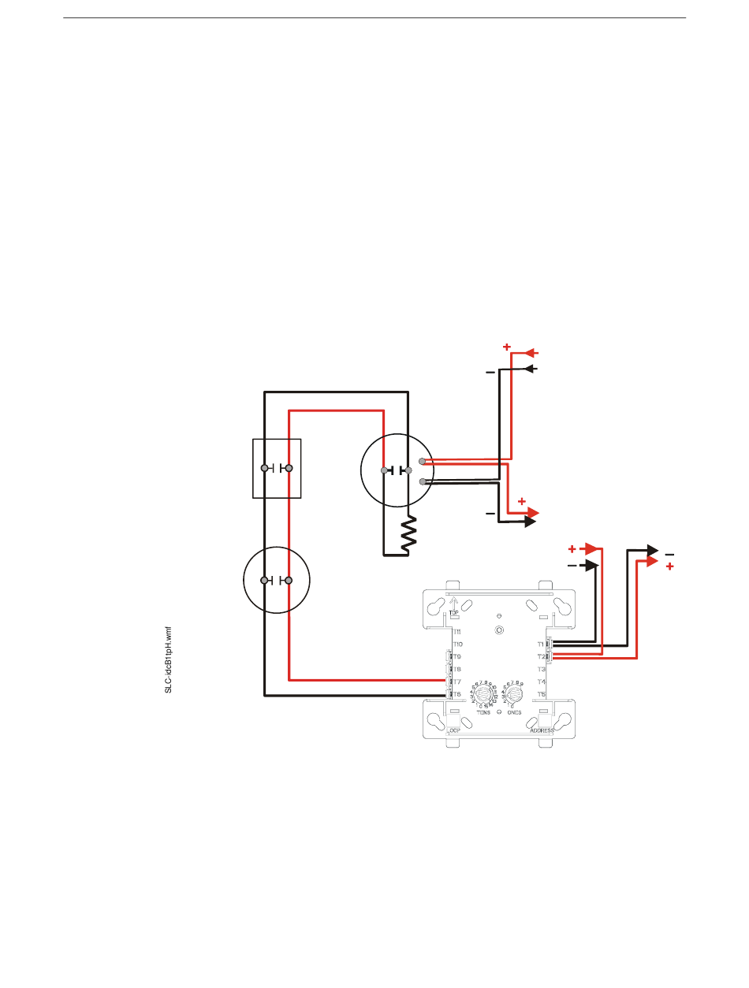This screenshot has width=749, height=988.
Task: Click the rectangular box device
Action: (276, 468)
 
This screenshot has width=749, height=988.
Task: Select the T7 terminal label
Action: (456, 682)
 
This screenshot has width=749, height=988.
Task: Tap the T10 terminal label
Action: (458, 644)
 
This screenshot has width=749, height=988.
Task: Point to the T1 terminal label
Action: (541, 644)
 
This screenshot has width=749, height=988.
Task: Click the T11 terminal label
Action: (457, 632)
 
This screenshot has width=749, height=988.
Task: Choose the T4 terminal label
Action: (541, 682)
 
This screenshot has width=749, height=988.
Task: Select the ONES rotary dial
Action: (514, 695)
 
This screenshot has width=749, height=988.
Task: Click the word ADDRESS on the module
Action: (543, 731)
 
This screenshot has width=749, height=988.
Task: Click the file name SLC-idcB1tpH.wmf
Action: (168, 659)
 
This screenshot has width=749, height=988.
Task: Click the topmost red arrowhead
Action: (532, 352)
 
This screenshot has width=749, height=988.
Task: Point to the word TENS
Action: (484, 712)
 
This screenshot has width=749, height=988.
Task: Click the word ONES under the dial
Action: (516, 712)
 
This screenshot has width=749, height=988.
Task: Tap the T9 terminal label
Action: (457, 657)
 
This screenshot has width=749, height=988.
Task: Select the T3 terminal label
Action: (541, 669)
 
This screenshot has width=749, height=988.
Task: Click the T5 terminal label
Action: (541, 694)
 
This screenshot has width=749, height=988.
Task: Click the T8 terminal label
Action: (457, 669)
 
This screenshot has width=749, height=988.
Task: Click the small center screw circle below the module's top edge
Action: (500, 631)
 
